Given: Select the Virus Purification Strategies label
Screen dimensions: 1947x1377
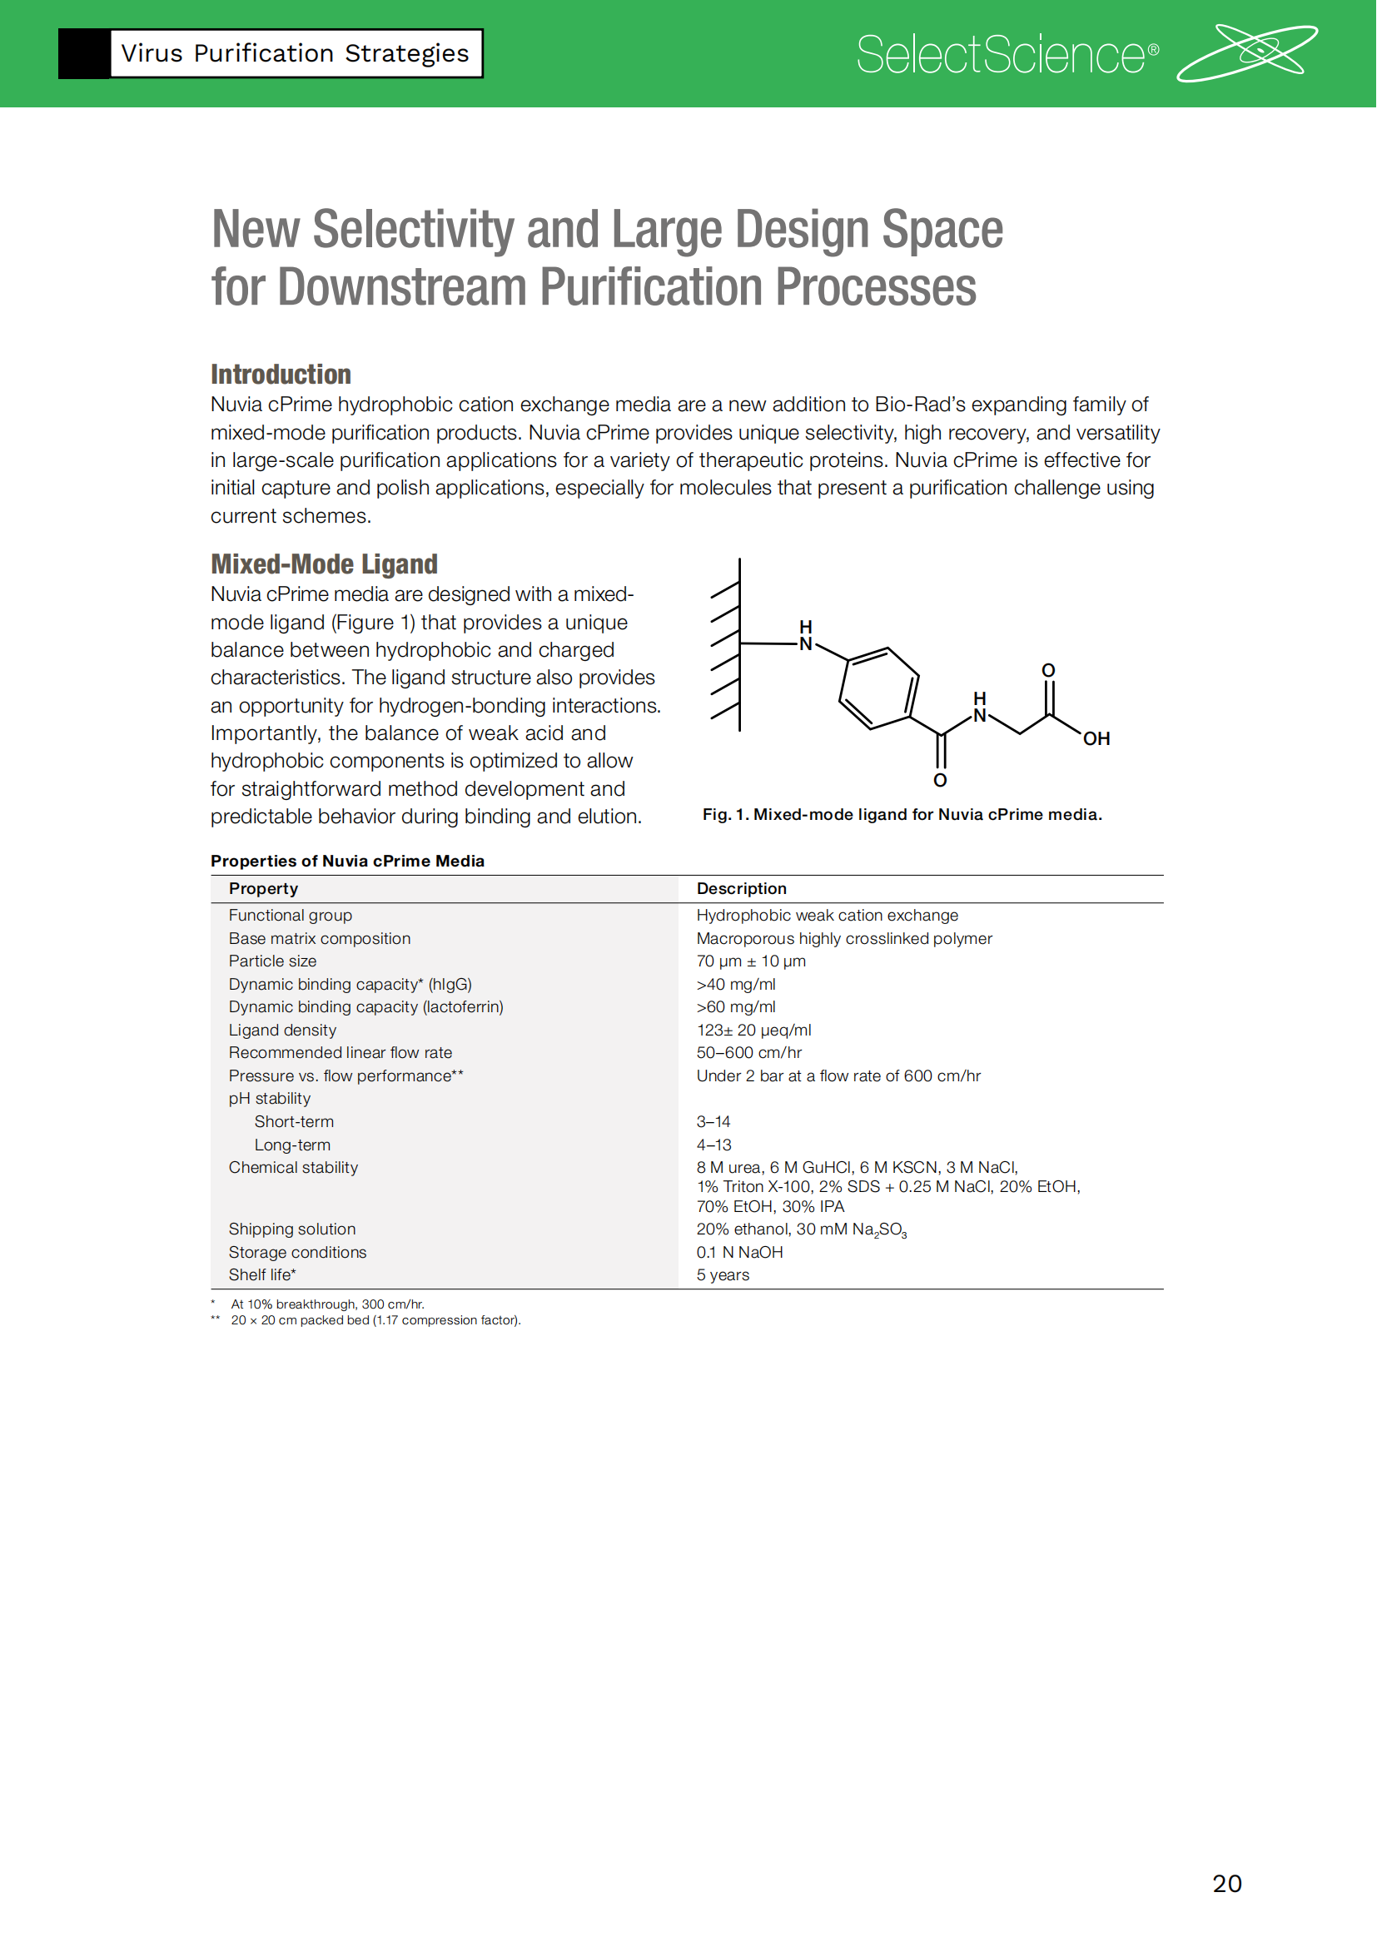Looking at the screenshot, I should (x=294, y=53).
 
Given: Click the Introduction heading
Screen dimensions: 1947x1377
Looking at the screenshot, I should (x=281, y=374).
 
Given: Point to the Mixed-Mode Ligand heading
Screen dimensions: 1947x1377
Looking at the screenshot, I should (x=324, y=564).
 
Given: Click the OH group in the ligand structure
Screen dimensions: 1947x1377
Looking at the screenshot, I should (x=1096, y=738).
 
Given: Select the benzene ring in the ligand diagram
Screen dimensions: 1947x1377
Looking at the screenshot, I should (x=879, y=688).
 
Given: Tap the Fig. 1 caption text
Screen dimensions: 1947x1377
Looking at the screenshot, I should (x=902, y=814).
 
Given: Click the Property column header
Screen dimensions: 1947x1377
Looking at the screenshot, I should (x=264, y=889).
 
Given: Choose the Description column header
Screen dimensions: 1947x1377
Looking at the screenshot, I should (x=741, y=889).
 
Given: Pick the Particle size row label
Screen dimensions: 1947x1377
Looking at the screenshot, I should (x=272, y=961).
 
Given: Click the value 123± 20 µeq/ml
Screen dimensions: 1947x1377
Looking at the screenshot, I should (x=753, y=1031).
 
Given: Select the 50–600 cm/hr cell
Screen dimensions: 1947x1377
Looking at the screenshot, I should (x=748, y=1052).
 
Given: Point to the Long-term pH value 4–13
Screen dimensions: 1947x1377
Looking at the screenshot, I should (x=713, y=1145).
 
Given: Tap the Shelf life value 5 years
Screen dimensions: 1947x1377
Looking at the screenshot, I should (x=723, y=1275).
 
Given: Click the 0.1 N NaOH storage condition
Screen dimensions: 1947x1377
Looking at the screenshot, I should (x=739, y=1253).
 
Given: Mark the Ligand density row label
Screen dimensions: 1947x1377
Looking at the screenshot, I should (x=282, y=1031).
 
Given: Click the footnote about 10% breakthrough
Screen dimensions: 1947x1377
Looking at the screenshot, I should (x=327, y=1304).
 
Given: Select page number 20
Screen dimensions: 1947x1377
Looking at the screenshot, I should (x=1227, y=1884).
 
